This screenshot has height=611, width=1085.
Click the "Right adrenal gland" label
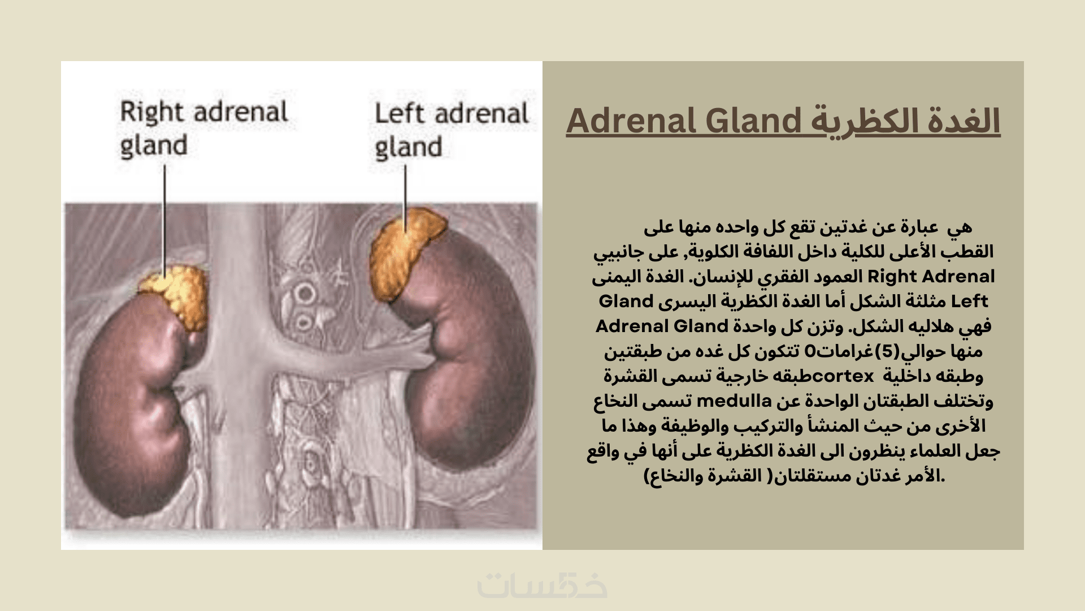pyautogui.click(x=204, y=129)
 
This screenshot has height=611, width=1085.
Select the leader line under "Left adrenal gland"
pyautogui.click(x=405, y=199)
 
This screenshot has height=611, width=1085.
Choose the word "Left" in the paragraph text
pyautogui.click(x=970, y=302)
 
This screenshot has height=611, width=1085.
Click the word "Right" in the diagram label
pyautogui.click(x=152, y=113)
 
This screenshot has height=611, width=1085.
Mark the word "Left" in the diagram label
pyautogui.click(x=399, y=113)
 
